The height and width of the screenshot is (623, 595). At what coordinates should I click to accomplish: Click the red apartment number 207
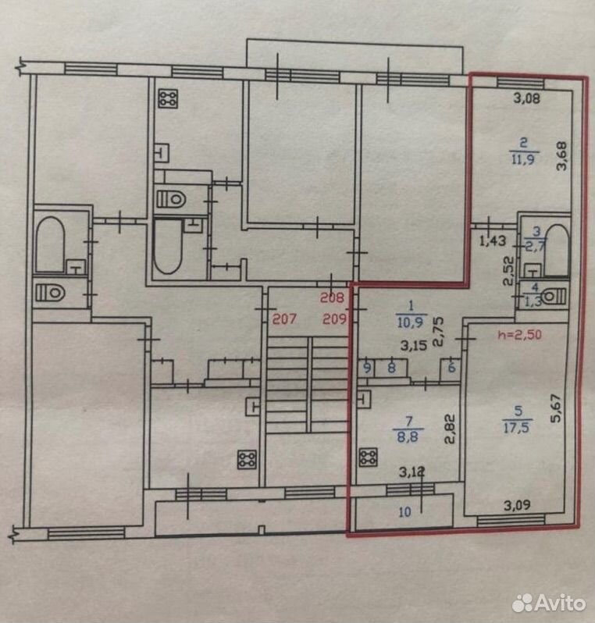284,319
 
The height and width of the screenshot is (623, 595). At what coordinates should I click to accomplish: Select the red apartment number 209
334,319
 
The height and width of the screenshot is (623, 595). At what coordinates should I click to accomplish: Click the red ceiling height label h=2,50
519,334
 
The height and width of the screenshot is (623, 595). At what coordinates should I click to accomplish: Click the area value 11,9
523,159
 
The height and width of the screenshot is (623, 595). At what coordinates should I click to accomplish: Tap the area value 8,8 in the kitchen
408,436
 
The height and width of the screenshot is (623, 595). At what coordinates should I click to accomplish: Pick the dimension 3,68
561,156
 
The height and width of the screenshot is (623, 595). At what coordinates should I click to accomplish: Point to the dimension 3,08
527,98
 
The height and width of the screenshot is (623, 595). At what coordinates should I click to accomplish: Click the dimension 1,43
493,240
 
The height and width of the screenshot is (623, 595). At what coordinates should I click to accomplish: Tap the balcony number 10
404,512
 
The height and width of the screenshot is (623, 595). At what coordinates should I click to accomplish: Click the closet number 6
451,368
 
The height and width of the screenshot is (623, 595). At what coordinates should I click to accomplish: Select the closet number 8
391,368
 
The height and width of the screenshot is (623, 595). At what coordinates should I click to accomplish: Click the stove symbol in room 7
368,457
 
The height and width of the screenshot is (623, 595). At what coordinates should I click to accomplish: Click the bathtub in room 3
557,251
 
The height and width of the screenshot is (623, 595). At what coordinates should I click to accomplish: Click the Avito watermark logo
548,603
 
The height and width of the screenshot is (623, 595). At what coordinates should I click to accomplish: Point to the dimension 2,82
450,429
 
